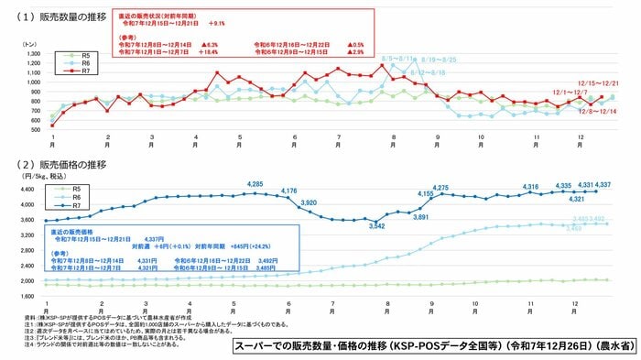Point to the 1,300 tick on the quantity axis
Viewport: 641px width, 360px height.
tap(34, 54)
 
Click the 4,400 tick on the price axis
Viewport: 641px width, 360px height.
tap(34, 190)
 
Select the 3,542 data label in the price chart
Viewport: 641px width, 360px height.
tap(377, 226)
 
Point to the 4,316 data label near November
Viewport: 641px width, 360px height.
tap(530, 187)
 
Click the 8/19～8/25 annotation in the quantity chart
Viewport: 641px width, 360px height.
tap(438, 60)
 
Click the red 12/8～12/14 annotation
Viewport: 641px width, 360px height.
tap(597, 111)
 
